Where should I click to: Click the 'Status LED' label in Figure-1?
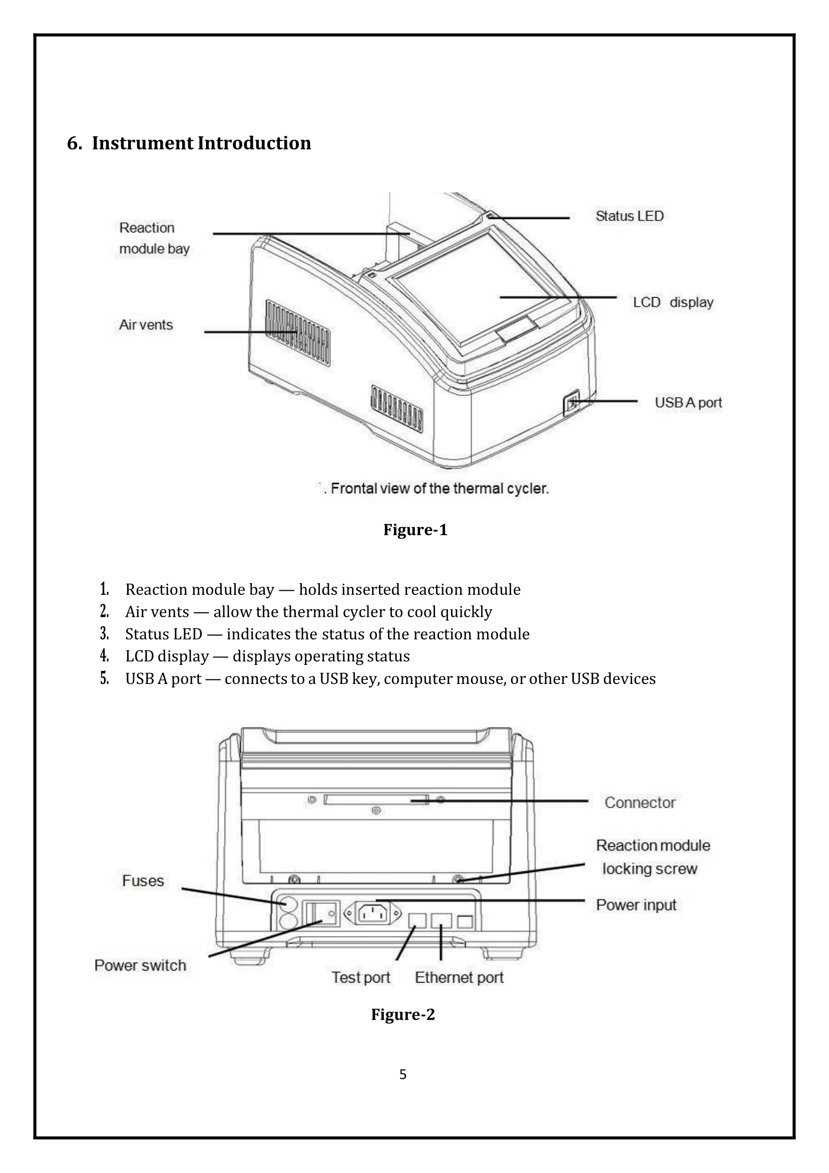[x=629, y=216]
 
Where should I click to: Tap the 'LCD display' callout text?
[x=673, y=303]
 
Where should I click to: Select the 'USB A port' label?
[x=688, y=402]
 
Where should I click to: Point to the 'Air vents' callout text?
[x=146, y=325]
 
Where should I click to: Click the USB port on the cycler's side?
[x=572, y=405]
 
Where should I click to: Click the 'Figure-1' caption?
[x=415, y=530]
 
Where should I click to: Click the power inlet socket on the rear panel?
[x=372, y=914]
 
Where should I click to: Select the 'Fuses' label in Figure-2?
[x=143, y=881]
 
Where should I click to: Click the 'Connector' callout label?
[x=640, y=803]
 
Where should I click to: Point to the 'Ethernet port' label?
[x=459, y=977]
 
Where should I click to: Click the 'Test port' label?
[x=361, y=977]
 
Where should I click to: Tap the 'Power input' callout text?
[x=636, y=905]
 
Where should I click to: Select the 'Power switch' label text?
[x=140, y=966]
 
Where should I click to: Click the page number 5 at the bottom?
[x=403, y=1074]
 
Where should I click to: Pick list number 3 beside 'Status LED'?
[x=104, y=634]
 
